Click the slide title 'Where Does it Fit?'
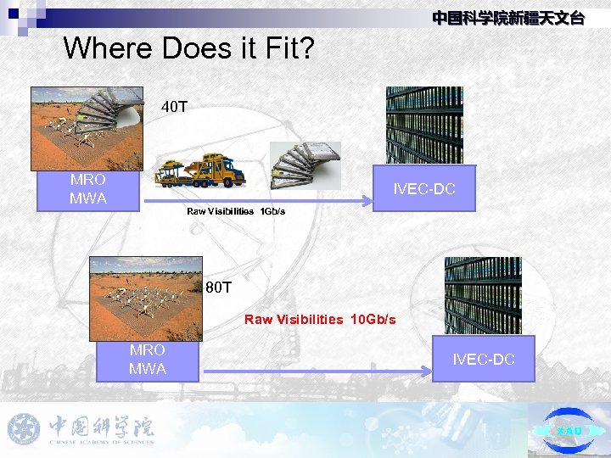[188, 48]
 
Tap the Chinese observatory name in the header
[507, 18]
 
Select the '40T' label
[175, 108]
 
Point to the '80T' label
[219, 288]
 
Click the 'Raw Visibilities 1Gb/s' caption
[236, 210]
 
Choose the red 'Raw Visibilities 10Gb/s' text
[320, 320]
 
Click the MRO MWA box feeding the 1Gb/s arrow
[88, 190]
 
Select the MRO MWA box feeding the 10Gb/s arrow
[148, 360]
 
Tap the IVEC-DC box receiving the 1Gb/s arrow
[424, 188]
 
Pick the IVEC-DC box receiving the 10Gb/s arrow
[483, 360]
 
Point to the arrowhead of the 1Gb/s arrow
[368, 202]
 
